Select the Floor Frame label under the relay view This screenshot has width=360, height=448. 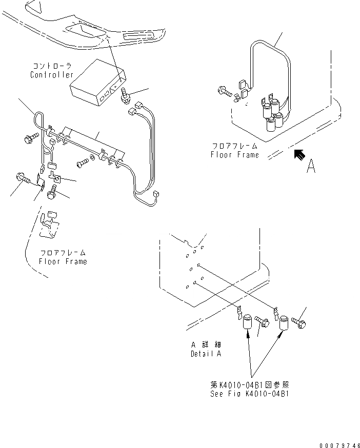click(x=235, y=154)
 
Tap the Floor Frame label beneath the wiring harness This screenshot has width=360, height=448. click(x=63, y=261)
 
